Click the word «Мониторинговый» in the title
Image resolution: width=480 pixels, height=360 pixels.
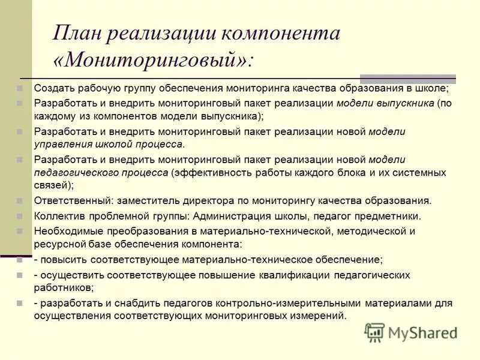tap(153, 60)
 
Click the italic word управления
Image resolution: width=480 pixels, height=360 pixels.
tap(62, 145)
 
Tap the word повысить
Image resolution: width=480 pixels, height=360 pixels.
tap(64, 260)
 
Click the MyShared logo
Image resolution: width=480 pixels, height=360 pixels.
tap(411, 332)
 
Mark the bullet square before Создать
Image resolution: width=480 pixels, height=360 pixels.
tap(20, 88)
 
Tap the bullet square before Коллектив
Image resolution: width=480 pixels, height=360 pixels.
tap(20, 216)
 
